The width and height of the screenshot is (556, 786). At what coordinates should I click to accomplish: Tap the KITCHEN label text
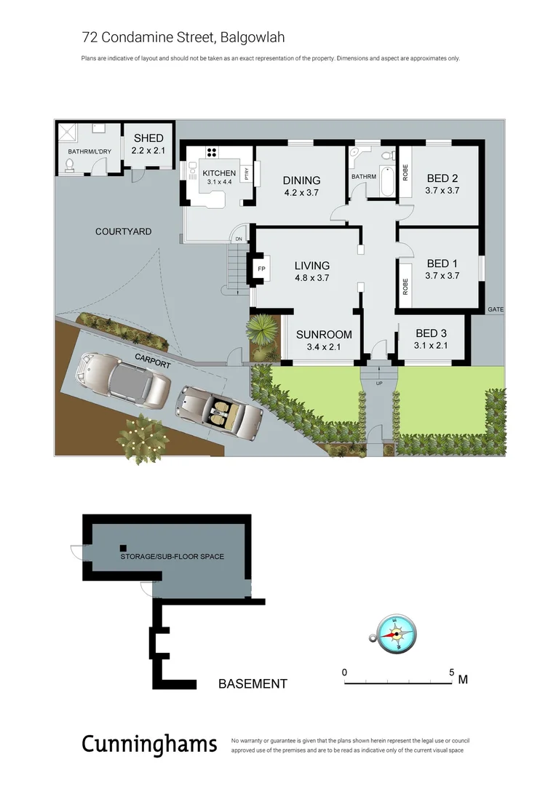[x=219, y=173]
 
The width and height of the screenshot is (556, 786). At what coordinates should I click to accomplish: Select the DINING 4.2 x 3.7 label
[x=301, y=186]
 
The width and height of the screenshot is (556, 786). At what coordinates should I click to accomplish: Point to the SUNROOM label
[x=324, y=340]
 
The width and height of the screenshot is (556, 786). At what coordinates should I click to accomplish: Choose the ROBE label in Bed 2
[x=405, y=172]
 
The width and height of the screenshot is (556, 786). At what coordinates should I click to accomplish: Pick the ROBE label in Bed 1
[x=405, y=283]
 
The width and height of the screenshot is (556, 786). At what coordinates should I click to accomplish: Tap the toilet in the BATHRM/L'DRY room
[x=69, y=167]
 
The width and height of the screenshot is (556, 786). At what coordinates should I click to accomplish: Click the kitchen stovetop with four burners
[x=213, y=152]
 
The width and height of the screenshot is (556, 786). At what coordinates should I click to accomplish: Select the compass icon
[x=394, y=633]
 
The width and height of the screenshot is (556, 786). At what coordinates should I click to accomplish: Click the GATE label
[x=495, y=309]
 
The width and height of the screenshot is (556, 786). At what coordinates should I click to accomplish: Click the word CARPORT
[x=151, y=359]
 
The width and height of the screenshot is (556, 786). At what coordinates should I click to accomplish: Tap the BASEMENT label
[x=253, y=684]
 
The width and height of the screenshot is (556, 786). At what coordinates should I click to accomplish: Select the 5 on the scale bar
[x=451, y=672]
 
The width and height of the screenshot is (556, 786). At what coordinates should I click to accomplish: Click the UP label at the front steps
[x=378, y=383]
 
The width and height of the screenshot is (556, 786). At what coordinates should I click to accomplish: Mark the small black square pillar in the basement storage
[x=123, y=547]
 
